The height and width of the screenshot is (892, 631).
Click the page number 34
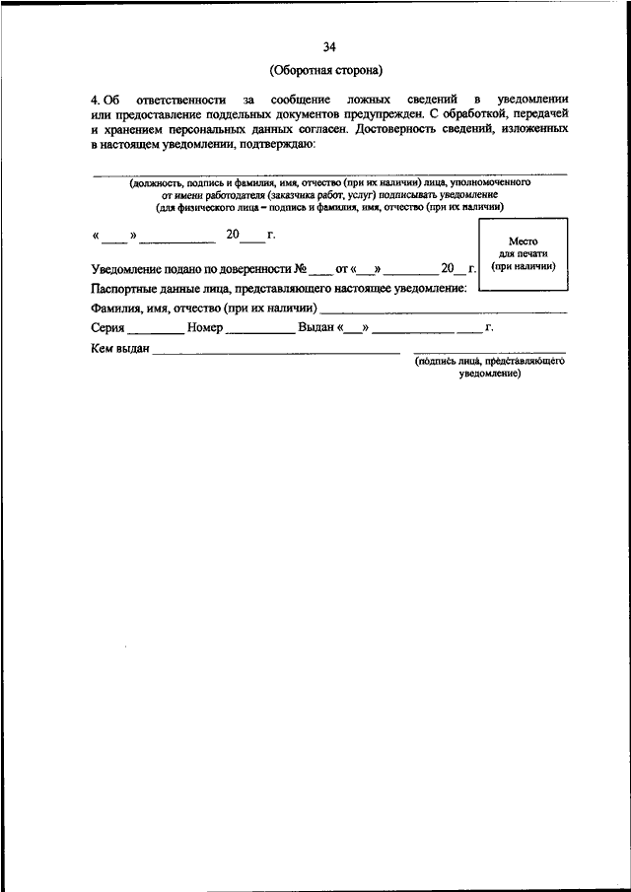329,45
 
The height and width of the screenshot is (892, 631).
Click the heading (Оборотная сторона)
329,70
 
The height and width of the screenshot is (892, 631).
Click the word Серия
107,327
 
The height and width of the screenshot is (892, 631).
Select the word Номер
203,327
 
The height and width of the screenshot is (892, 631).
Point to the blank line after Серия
155,332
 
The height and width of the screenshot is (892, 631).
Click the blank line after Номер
259,332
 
